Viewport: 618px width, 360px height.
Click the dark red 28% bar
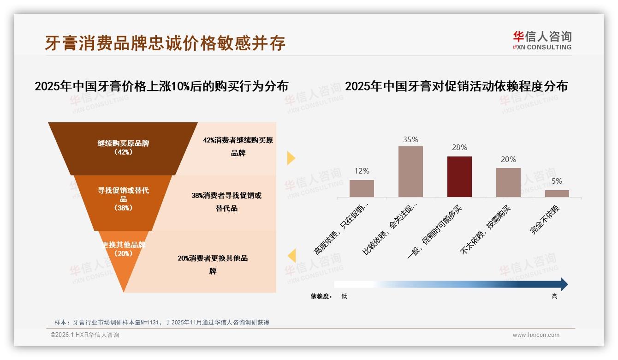(x=459, y=177)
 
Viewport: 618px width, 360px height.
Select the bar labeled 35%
(x=410, y=172)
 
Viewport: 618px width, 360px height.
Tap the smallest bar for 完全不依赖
(x=557, y=193)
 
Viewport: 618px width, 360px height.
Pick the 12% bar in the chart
(x=362, y=188)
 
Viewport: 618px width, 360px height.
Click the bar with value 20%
(x=508, y=182)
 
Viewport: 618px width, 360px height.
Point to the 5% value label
(x=557, y=181)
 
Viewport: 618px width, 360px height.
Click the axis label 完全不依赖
(x=545, y=220)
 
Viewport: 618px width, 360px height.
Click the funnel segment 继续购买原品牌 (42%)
(x=123, y=148)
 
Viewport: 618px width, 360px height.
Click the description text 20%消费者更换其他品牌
(x=213, y=264)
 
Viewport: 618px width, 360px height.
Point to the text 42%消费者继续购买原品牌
(x=238, y=146)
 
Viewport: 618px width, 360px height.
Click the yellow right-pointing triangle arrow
(x=291, y=158)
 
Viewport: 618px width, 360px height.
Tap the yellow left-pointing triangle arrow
(x=291, y=256)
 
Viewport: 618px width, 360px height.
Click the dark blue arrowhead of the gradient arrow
(x=564, y=284)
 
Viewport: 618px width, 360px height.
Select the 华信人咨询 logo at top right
(x=542, y=40)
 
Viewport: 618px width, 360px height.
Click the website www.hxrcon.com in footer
(x=536, y=335)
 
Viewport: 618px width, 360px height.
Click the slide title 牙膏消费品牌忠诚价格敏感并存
(x=165, y=42)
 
